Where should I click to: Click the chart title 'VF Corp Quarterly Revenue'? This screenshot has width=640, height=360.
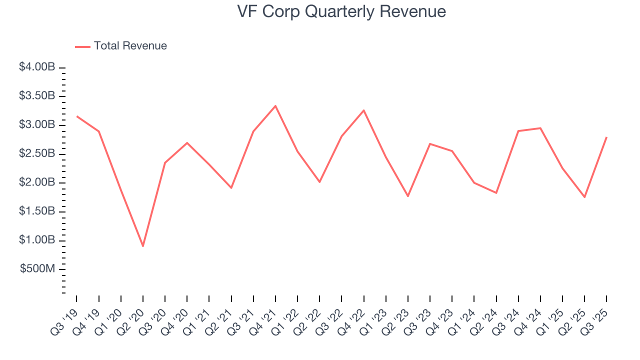click(x=341, y=11)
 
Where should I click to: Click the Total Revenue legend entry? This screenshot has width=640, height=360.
click(x=121, y=46)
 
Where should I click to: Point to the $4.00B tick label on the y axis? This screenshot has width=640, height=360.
click(x=37, y=67)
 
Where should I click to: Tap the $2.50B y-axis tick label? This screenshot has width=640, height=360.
click(x=37, y=153)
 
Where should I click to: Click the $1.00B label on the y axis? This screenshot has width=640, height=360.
click(x=37, y=240)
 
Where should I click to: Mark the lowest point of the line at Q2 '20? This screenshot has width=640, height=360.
click(x=143, y=246)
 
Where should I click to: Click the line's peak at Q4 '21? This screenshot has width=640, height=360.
click(x=275, y=106)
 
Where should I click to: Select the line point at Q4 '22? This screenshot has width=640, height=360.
click(x=363, y=110)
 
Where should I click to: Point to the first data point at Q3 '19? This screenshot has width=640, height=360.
click(x=76, y=116)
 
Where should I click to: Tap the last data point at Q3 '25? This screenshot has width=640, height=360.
click(x=606, y=137)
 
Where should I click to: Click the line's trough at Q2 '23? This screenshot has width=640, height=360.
click(x=408, y=196)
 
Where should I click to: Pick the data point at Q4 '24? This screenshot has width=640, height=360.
click(x=540, y=128)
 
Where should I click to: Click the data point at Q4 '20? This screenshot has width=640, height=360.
click(x=187, y=143)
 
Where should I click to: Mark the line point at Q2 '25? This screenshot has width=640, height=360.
click(x=584, y=197)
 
